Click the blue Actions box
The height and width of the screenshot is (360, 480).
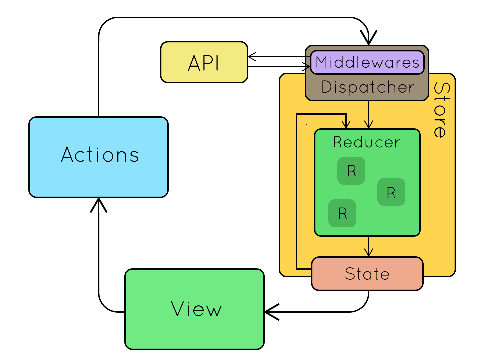(98, 157)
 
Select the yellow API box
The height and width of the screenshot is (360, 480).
(204, 62)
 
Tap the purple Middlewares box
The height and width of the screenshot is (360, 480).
(367, 62)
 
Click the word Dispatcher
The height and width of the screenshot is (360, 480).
(368, 87)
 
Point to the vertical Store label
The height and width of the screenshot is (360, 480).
(440, 110)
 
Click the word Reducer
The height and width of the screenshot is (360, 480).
(366, 142)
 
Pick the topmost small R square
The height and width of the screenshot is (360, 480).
(351, 171)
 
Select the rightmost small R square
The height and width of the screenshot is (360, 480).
(391, 192)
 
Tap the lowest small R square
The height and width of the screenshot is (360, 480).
(342, 213)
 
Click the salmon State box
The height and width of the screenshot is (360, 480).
(367, 274)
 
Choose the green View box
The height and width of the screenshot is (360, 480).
(195, 309)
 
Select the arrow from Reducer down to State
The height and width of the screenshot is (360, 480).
(369, 247)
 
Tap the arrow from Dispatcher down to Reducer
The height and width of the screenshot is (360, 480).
(369, 115)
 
